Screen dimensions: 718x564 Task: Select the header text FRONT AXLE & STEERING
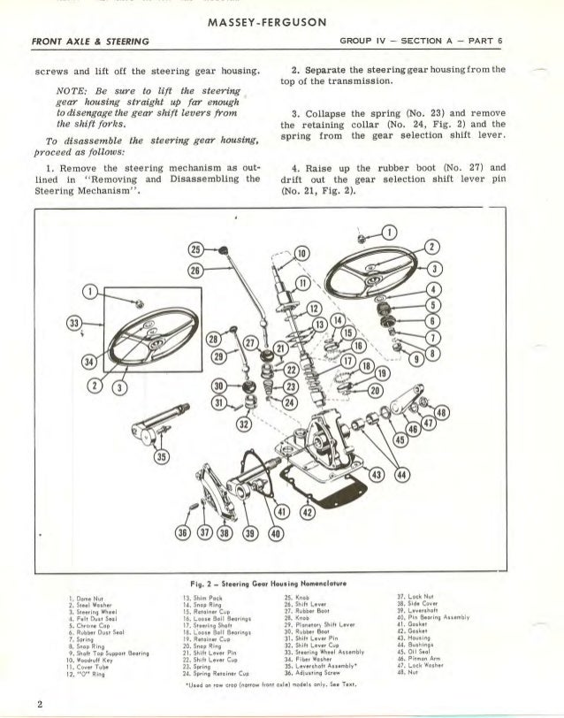click(89, 42)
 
